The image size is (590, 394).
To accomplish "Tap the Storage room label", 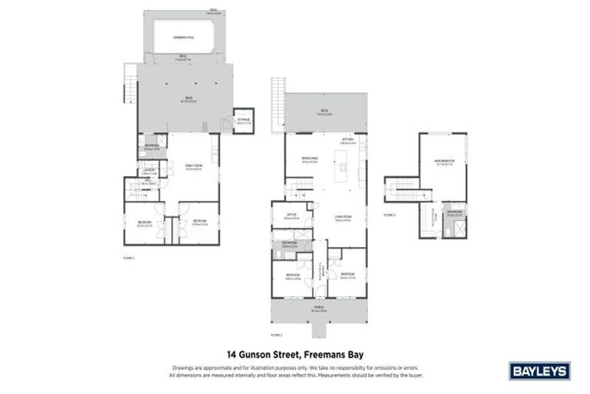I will [244, 120].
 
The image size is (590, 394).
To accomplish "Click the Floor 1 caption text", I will [128, 258].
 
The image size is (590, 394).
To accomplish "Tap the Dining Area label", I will [310, 161].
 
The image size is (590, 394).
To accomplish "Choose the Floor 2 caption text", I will [277, 336].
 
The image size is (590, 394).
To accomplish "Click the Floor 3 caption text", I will [390, 215].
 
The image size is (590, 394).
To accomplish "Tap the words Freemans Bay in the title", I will [331, 356].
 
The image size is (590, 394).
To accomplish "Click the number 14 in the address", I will [232, 356].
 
